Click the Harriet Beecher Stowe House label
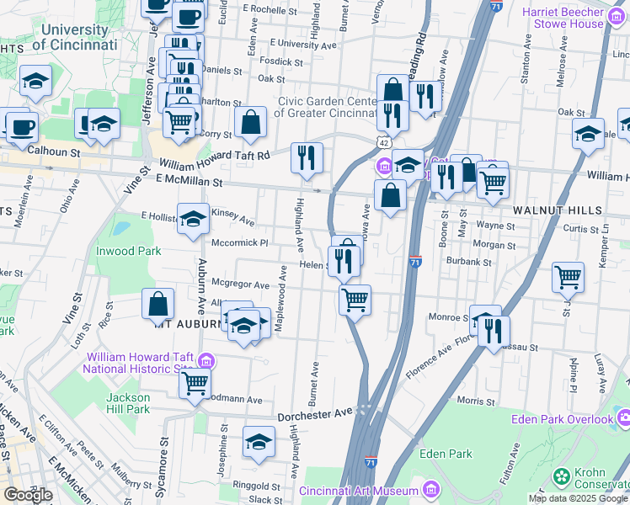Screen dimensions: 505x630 (574, 18)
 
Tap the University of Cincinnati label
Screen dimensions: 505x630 (77, 37)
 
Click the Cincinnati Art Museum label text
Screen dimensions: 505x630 (359, 491)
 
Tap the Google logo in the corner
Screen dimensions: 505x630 (27, 495)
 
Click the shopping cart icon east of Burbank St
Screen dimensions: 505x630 (569, 277)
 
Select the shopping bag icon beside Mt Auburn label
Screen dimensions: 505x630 (158, 305)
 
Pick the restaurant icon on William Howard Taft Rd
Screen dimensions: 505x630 (307, 157)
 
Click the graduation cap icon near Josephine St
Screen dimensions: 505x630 (259, 442)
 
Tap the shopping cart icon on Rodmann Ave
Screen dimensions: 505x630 (195, 383)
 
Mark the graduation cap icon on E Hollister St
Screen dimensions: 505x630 (193, 219)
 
